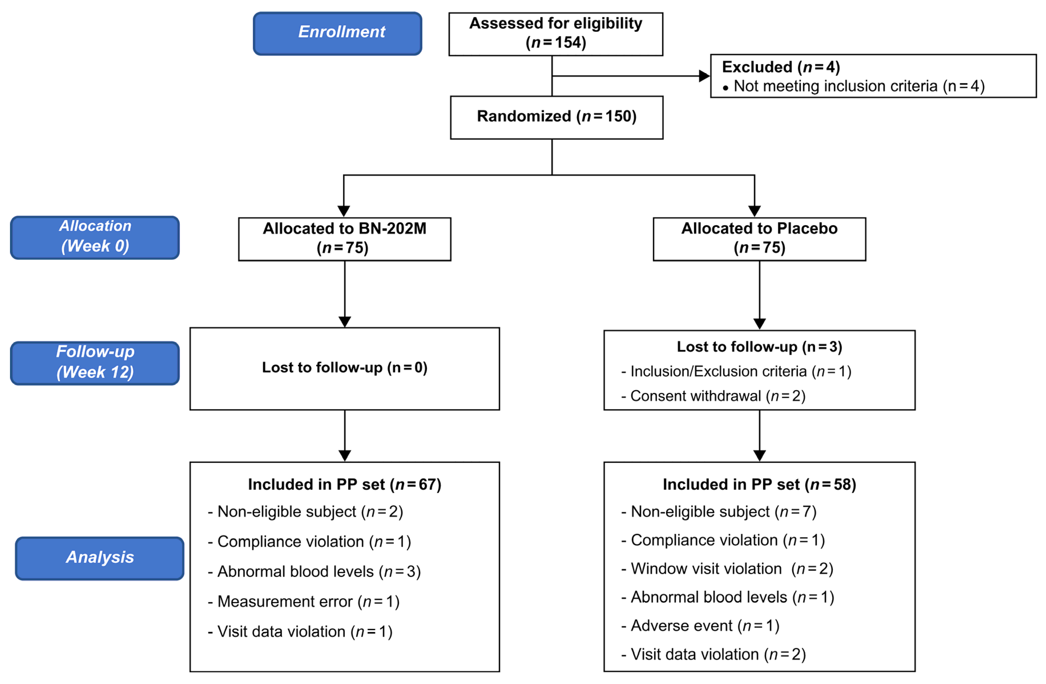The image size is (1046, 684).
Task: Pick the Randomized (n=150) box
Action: click(557, 117)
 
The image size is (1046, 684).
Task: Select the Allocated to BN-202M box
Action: click(344, 239)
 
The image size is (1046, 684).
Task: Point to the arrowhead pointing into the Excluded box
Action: click(704, 76)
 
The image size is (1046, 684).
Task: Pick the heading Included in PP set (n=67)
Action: click(344, 484)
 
